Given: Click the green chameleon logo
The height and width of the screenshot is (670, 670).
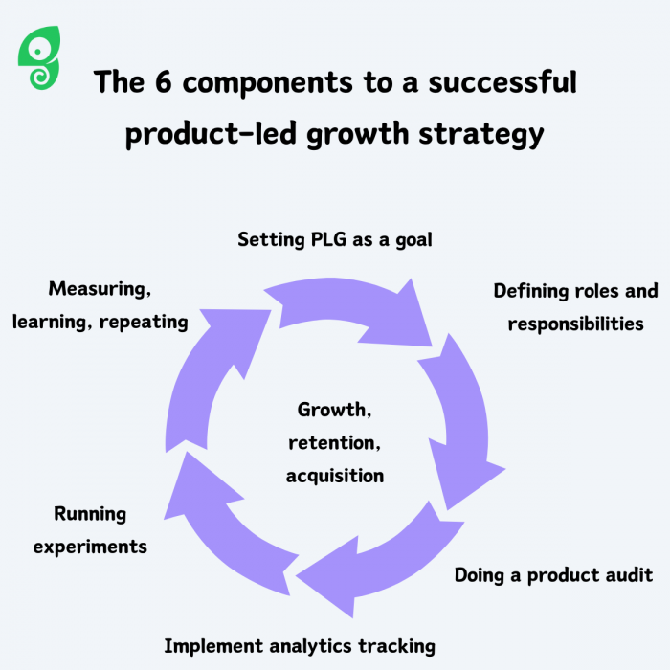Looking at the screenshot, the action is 39,59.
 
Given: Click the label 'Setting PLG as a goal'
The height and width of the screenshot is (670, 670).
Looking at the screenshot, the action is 335,239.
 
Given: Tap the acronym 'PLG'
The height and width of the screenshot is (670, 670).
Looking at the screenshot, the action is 328,239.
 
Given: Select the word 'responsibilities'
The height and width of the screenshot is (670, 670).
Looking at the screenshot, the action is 575,324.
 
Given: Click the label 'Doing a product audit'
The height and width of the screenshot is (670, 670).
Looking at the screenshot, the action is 553,575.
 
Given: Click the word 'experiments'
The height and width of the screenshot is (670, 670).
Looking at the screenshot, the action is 90,547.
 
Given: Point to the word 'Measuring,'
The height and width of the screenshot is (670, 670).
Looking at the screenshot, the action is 100,288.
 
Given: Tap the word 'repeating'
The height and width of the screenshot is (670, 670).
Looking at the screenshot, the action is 145,322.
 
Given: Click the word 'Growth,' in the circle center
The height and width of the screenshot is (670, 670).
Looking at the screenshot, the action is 334,410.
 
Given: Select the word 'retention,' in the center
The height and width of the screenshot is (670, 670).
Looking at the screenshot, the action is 334,442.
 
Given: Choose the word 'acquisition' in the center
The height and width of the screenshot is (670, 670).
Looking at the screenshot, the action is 335,475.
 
